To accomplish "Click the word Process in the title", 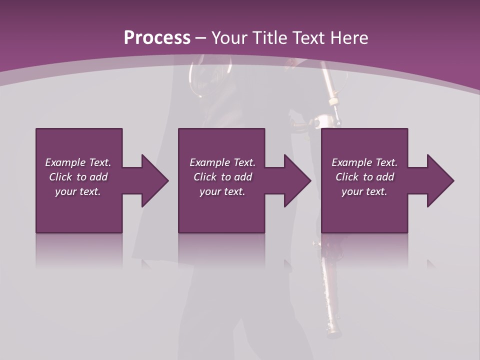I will pyautogui.click(x=157, y=38).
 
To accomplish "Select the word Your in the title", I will pyautogui.click(x=227, y=38).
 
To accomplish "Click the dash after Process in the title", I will pyautogui.click(x=200, y=38).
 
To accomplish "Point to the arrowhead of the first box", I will pyautogui.click(x=154, y=180).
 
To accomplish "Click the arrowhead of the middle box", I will pyautogui.click(x=297, y=180).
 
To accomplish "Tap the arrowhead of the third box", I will pyautogui.click(x=440, y=180).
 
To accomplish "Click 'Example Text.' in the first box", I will pyautogui.click(x=78, y=162).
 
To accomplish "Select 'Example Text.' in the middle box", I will pyautogui.click(x=222, y=162).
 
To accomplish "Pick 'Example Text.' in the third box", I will pyautogui.click(x=364, y=162).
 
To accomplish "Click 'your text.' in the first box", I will pyautogui.click(x=78, y=191).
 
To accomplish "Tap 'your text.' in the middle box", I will pyautogui.click(x=222, y=191).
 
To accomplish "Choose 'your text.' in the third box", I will pyautogui.click(x=364, y=191).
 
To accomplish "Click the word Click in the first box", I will pyautogui.click(x=60, y=177).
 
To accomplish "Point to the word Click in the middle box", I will pyautogui.click(x=205, y=177).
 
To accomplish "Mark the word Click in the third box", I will pyautogui.click(x=347, y=177).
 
